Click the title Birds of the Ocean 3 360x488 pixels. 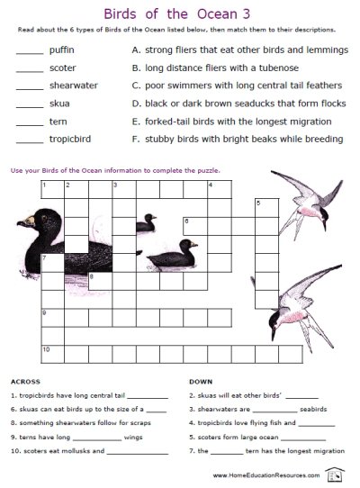point(180,14)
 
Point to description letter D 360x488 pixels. point(135,104)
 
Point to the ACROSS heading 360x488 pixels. point(26,380)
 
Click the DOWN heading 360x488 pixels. point(202,380)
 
